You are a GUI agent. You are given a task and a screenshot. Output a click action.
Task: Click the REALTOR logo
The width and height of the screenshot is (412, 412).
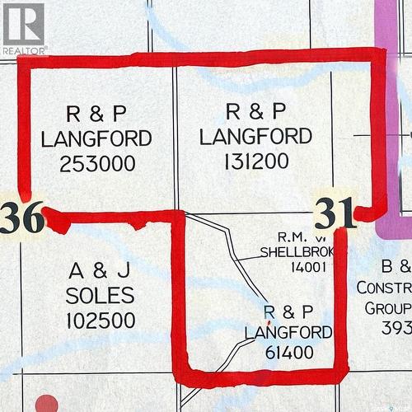click(x=24, y=28)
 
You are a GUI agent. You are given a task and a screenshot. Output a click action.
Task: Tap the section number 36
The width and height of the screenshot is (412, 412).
click(x=21, y=218)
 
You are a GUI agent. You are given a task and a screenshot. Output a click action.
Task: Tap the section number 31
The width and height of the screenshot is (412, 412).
click(x=335, y=213)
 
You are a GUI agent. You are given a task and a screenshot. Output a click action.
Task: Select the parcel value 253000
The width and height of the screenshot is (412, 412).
click(x=97, y=163)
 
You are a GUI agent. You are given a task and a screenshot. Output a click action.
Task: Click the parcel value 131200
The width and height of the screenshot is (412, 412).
click(x=255, y=161)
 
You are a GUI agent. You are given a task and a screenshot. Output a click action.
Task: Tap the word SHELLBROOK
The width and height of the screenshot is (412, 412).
click(x=295, y=251)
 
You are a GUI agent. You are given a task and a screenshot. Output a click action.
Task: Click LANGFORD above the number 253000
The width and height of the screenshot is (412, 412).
click(x=97, y=138)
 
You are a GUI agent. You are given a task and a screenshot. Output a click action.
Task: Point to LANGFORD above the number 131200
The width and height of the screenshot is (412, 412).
click(x=255, y=136)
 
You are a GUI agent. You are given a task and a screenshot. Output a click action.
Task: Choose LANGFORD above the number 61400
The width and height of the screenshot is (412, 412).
click(x=288, y=332)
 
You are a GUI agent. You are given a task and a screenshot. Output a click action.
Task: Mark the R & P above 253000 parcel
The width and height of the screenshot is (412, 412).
click(x=97, y=113)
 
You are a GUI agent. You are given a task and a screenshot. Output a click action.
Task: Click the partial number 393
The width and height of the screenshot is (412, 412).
click(x=396, y=329)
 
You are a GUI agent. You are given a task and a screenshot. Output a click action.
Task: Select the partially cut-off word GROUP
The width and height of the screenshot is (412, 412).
click(x=388, y=308)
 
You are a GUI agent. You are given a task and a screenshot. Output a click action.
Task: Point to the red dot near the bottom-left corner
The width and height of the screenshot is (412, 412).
click(x=47, y=405)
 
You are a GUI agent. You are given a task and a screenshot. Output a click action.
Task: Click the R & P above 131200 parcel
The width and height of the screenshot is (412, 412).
click(x=255, y=110)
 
